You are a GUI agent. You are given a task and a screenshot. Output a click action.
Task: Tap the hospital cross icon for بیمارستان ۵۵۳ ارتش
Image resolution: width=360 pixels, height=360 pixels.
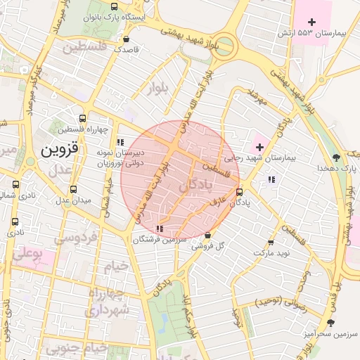point(312,22)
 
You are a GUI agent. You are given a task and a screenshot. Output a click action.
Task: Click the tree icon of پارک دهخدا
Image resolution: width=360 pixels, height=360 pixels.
point(336,157)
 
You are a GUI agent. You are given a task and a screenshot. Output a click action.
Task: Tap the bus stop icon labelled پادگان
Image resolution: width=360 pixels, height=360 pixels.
point(240,191)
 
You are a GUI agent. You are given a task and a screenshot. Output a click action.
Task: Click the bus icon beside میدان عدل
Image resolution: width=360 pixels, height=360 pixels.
point(74,189)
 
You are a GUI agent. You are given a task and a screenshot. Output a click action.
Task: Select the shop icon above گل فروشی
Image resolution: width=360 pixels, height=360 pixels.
point(207,235)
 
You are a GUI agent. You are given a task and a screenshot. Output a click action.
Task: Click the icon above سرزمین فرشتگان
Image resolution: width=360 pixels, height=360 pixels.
point(160,228)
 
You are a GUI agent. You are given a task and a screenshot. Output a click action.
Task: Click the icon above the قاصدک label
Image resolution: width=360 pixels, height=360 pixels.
point(126,39)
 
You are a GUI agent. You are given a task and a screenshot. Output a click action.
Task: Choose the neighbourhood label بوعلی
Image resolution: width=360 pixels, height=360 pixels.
point(29,251)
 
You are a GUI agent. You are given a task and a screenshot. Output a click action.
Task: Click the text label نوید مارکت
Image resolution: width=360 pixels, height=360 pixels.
point(271,252)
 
